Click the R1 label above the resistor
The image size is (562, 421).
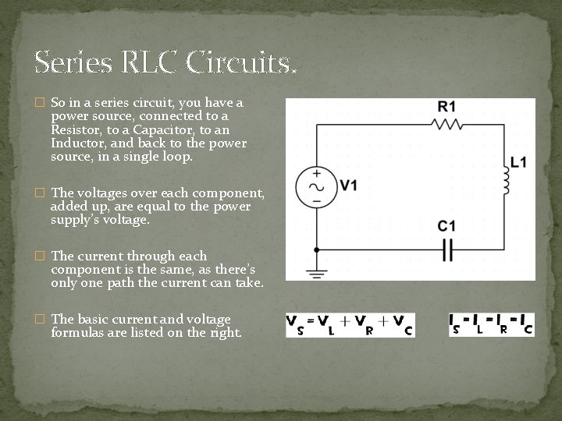pos(447,107)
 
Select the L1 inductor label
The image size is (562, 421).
pos(519,163)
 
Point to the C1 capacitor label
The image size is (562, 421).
pos(446,226)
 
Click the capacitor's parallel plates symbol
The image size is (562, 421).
pos(447,249)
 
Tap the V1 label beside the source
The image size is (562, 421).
pos(348,186)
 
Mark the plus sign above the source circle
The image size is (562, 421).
pos(316,172)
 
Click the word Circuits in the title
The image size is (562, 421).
pos(243,62)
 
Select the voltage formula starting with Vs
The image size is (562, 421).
pos(350,324)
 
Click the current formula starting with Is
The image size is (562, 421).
pos(491,324)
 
